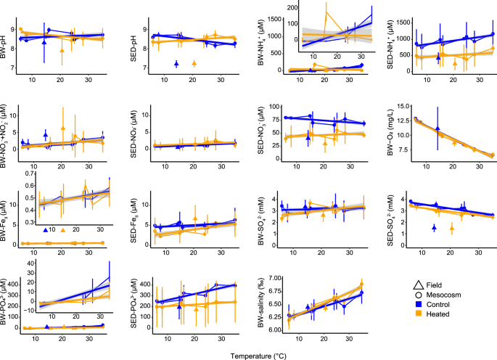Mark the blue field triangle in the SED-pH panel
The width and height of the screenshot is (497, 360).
pos(176,64)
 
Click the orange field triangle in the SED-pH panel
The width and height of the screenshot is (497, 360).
pos(194,64)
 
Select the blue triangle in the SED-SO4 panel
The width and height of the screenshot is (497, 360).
pos(434,227)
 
